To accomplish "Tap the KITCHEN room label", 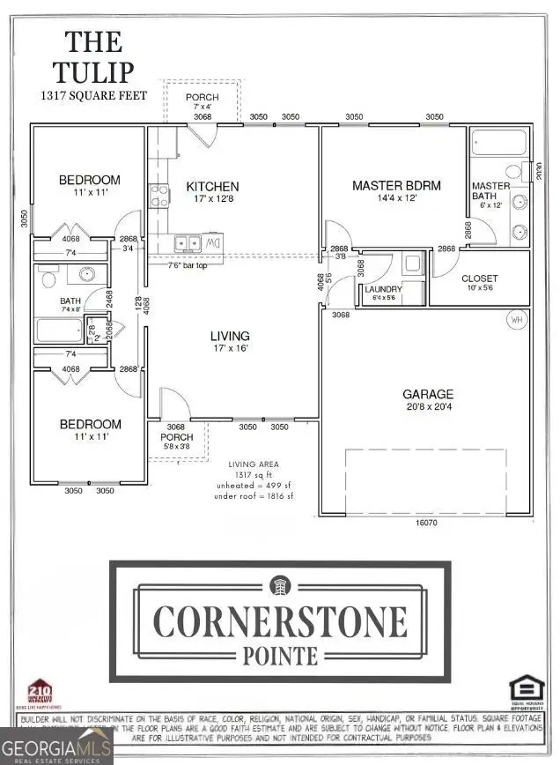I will click(211, 187).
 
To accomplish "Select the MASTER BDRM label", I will click(396, 185).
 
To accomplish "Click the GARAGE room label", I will click(428, 394).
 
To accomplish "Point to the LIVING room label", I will click(229, 336).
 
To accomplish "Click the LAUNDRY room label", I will click(384, 289).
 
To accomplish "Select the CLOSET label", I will click(480, 279).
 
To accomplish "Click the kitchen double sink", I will click(188, 242).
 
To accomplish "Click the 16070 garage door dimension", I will click(426, 523).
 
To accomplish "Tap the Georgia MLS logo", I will click(56, 749).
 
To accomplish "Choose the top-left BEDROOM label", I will click(89, 181).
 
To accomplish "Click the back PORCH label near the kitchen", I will click(202, 97).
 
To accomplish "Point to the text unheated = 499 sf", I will click(253, 486).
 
